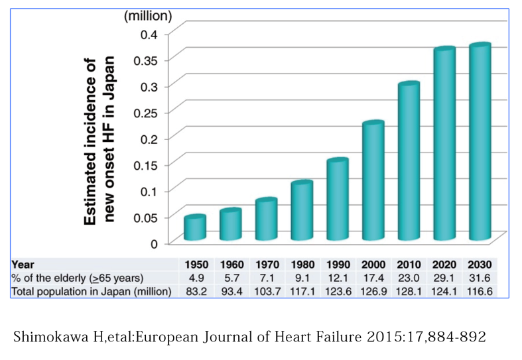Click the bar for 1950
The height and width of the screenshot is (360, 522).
pyautogui.click(x=195, y=227)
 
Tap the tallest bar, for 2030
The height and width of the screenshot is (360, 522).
pyautogui.click(x=480, y=142)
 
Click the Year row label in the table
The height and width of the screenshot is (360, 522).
pyautogui.click(x=23, y=264)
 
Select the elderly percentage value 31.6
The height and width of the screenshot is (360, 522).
pyautogui.click(x=479, y=277)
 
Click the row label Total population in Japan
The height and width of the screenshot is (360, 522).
pyautogui.click(x=91, y=290)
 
